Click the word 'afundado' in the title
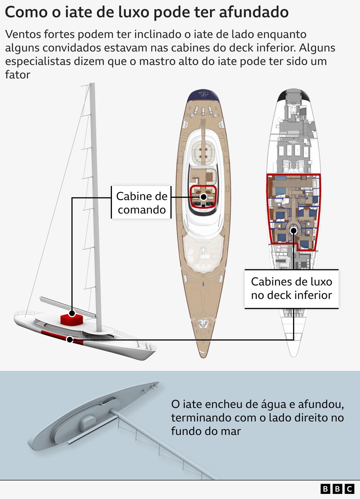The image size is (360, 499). click(254, 12)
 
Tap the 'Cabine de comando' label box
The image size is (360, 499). click(141, 203)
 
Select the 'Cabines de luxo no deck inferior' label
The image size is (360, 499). click(291, 288)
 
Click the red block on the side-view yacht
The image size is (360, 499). click(72, 319)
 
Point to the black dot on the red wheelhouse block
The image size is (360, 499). click(72, 313)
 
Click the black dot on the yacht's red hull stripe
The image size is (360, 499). click(70, 340)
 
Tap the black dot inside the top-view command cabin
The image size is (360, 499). click(204, 197)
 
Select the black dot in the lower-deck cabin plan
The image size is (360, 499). click(293, 230)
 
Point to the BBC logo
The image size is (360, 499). click(337, 489)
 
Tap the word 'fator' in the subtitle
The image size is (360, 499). click(18, 75)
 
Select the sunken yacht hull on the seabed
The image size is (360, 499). click(91, 417)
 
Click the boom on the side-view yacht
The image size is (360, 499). click(66, 305)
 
